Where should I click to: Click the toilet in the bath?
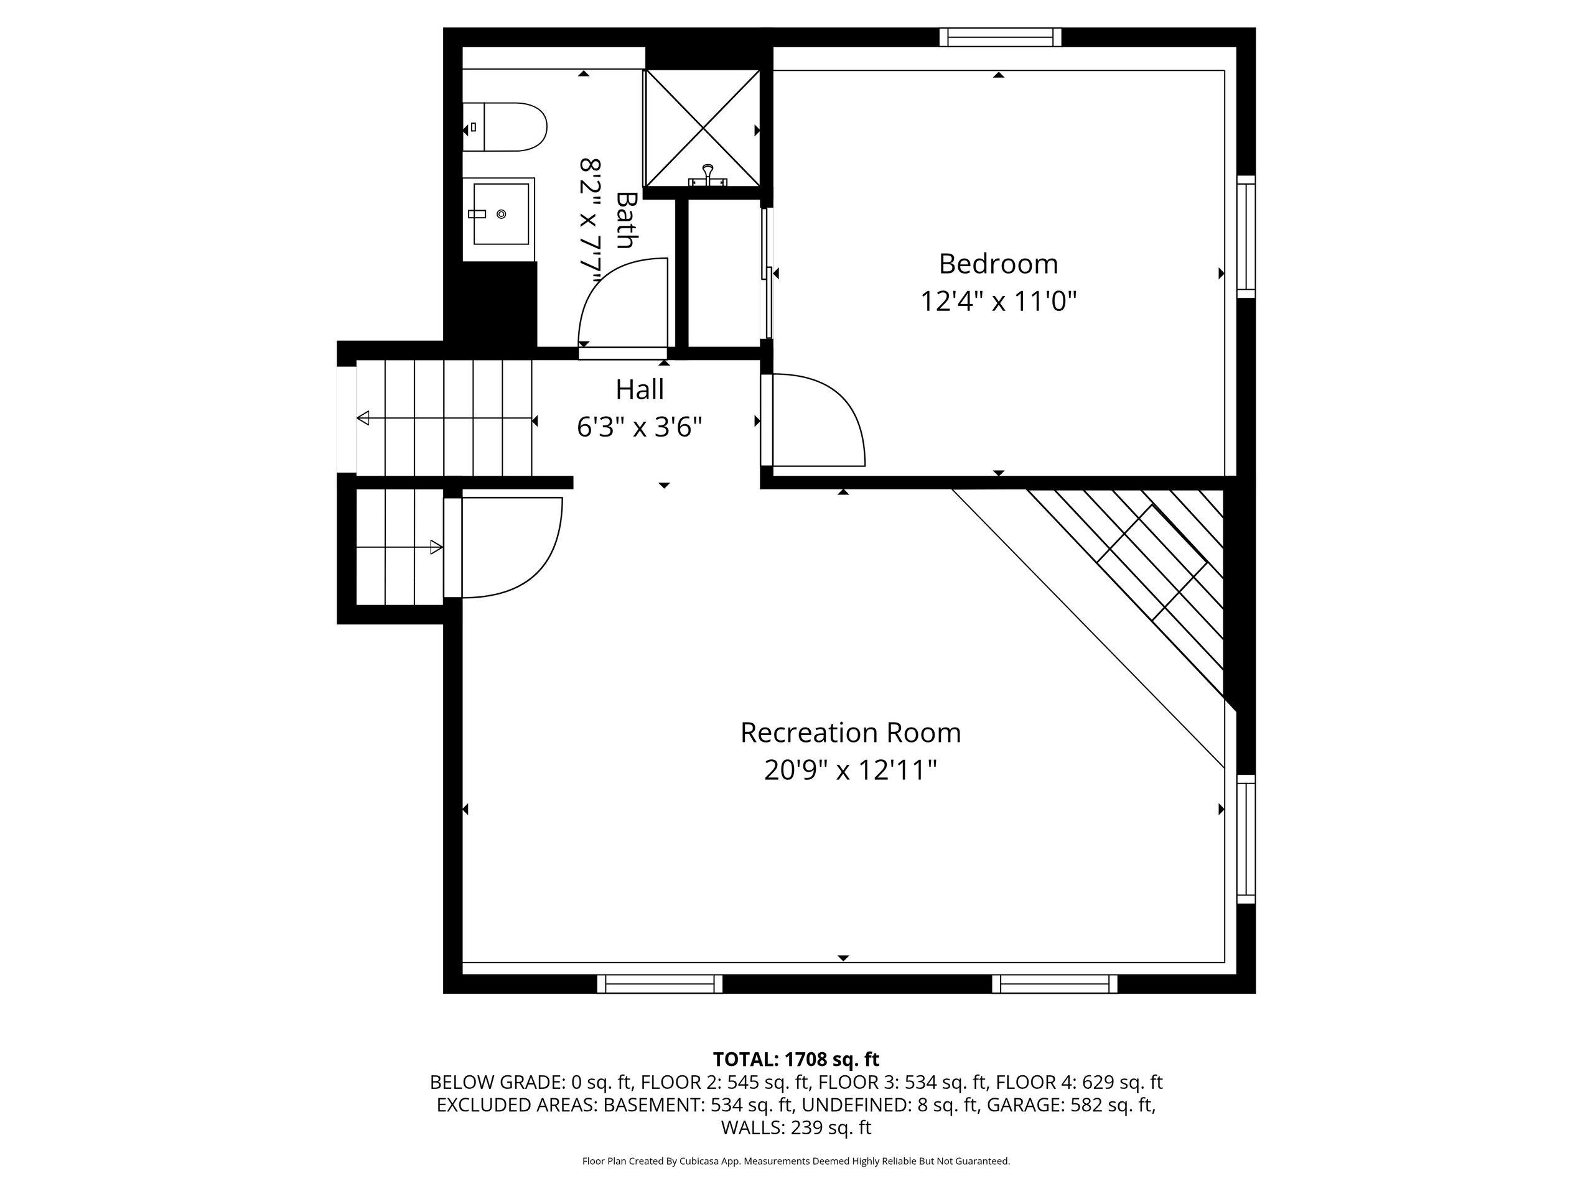[504, 127]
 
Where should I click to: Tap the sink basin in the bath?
[500, 214]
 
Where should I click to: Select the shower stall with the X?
[702, 127]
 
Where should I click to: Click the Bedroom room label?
[998, 264]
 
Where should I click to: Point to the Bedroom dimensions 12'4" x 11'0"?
[998, 301]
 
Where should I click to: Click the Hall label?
[640, 389]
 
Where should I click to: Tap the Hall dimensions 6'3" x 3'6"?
[640, 427]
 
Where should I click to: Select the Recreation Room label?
[851, 733]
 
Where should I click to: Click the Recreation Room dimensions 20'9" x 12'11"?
[851, 771]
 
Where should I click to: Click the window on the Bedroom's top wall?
[1001, 37]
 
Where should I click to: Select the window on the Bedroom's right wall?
[1246, 237]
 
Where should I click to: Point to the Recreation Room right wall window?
[1246, 839]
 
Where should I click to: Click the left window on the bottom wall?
[660, 984]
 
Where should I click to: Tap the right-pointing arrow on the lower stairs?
[399, 547]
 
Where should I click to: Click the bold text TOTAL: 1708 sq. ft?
[796, 1060]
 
